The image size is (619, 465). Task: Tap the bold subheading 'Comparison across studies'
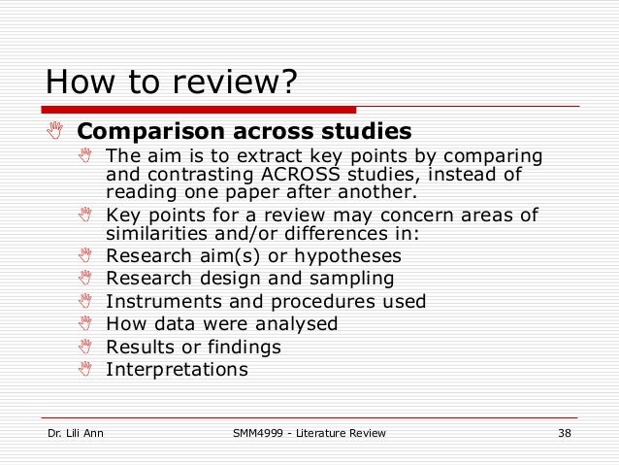(x=244, y=130)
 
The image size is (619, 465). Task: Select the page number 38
(x=564, y=432)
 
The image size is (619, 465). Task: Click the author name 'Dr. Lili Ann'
(x=75, y=432)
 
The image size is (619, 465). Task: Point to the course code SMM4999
(x=255, y=432)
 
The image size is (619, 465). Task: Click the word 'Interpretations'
(x=177, y=369)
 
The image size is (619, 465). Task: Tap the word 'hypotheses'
(x=354, y=256)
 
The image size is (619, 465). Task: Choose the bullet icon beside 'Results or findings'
(x=85, y=347)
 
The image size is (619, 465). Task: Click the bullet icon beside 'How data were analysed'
(x=85, y=324)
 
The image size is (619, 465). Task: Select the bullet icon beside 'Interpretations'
(x=85, y=369)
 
